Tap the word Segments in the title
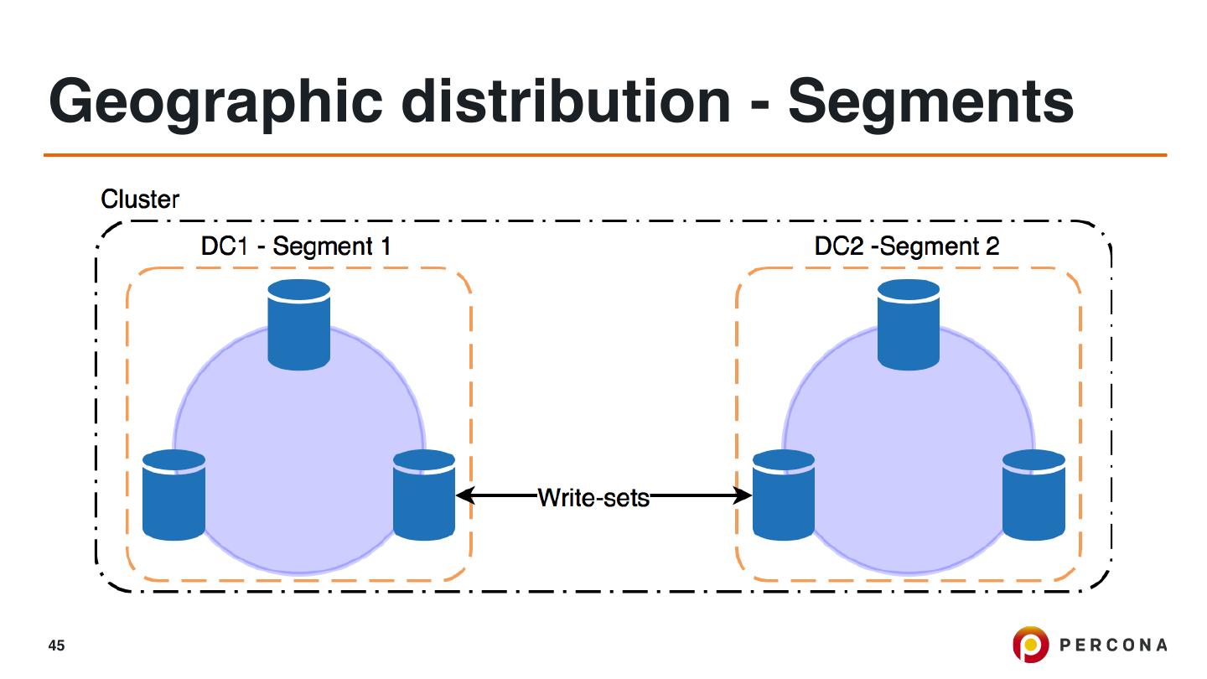930,102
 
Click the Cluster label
140,200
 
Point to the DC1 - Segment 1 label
296,246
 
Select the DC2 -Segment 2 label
906,246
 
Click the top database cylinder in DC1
298,324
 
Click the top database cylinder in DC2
908,324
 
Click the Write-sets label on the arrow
593,497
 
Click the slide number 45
56,645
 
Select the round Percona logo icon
1030,644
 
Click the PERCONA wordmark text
1113,645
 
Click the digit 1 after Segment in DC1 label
386,246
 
